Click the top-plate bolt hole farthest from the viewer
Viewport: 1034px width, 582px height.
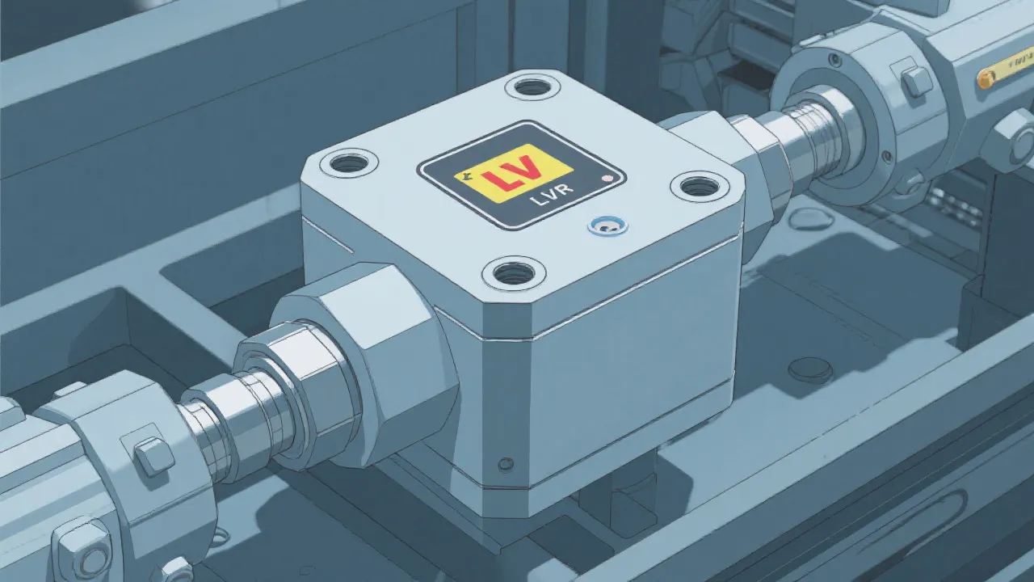click(532, 86)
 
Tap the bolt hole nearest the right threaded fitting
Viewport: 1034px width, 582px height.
click(699, 186)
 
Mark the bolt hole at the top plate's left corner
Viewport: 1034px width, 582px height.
click(349, 162)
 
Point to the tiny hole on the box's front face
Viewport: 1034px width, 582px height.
click(506, 464)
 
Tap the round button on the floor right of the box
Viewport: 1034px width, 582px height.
click(809, 369)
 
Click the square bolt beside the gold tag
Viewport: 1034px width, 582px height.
click(917, 82)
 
